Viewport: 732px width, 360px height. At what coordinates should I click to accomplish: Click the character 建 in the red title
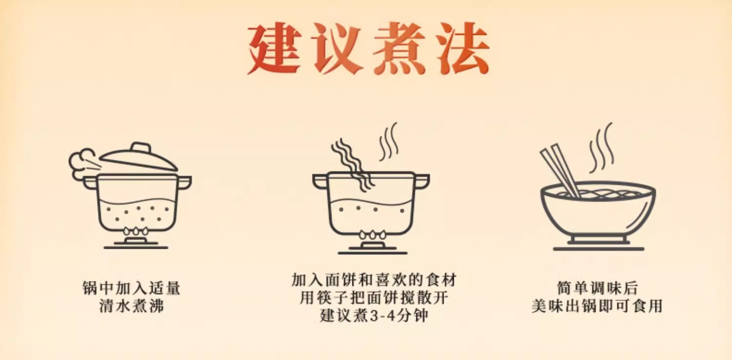[x=274, y=48]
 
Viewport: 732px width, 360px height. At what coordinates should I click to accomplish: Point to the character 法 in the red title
[x=463, y=48]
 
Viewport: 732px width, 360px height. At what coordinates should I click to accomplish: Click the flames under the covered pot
[x=136, y=231]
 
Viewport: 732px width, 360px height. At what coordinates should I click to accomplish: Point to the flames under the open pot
[x=372, y=234]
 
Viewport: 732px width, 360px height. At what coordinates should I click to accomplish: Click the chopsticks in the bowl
[x=560, y=171]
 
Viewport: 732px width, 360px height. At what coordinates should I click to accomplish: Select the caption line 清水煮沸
[x=131, y=306]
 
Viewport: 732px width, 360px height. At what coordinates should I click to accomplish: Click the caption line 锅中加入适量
[x=131, y=288]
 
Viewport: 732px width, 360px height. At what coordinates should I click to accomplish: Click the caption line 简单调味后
[x=597, y=288]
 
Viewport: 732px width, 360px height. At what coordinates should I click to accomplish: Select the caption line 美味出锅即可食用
[x=597, y=306]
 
